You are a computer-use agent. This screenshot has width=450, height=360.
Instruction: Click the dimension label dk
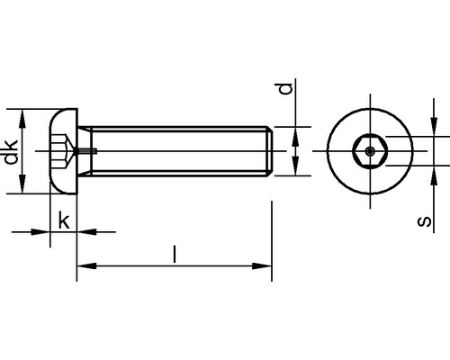click(x=11, y=152)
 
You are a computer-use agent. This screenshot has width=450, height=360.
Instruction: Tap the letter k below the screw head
click(x=64, y=220)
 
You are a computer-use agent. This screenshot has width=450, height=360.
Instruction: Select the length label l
click(x=175, y=254)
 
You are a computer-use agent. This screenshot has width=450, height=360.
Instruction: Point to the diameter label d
click(x=285, y=88)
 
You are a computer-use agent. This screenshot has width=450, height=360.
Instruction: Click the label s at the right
click(x=424, y=221)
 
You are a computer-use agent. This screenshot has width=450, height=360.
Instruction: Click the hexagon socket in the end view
click(x=370, y=151)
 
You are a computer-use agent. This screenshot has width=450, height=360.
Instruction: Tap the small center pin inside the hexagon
click(x=370, y=151)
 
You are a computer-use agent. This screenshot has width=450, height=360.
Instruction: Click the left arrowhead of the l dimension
click(x=87, y=265)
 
